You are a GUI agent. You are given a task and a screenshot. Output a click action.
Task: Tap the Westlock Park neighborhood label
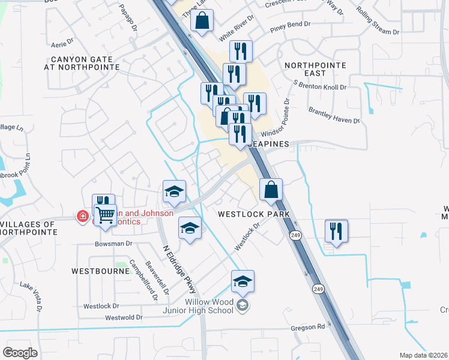tap(254, 214)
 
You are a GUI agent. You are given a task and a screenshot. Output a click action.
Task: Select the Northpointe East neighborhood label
tap(314, 68)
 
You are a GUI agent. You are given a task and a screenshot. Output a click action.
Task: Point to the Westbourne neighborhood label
tap(100, 271)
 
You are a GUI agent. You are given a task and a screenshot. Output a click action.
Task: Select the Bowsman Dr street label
tap(113, 244)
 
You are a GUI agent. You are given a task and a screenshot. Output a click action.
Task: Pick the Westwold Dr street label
tap(123, 317)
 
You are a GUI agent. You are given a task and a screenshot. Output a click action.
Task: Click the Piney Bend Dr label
tap(290, 25)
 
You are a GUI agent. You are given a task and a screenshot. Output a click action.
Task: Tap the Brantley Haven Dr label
tap(334, 116)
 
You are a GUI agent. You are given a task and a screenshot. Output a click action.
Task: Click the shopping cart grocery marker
tap(106, 214)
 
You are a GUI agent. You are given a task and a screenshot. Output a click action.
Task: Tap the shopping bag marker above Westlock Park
tap(271, 190)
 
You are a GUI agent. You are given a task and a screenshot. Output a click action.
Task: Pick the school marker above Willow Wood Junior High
tap(243, 281)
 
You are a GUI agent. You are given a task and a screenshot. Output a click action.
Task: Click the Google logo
tap(20, 353)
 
